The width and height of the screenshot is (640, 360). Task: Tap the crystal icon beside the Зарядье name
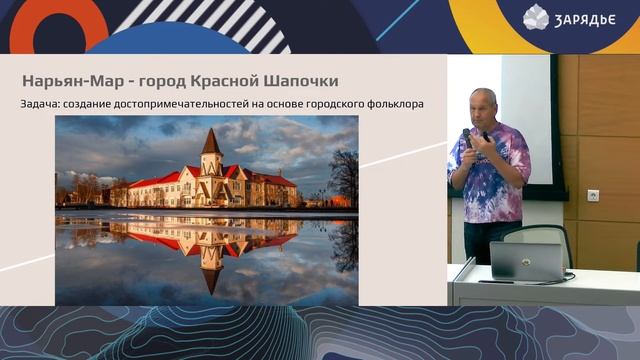[536, 16]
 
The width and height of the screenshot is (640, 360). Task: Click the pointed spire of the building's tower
[210, 138]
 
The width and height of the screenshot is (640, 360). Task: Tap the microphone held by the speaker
[467, 137]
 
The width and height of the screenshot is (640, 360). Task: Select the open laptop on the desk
[525, 260]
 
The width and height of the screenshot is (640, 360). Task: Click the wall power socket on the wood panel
[593, 195]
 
